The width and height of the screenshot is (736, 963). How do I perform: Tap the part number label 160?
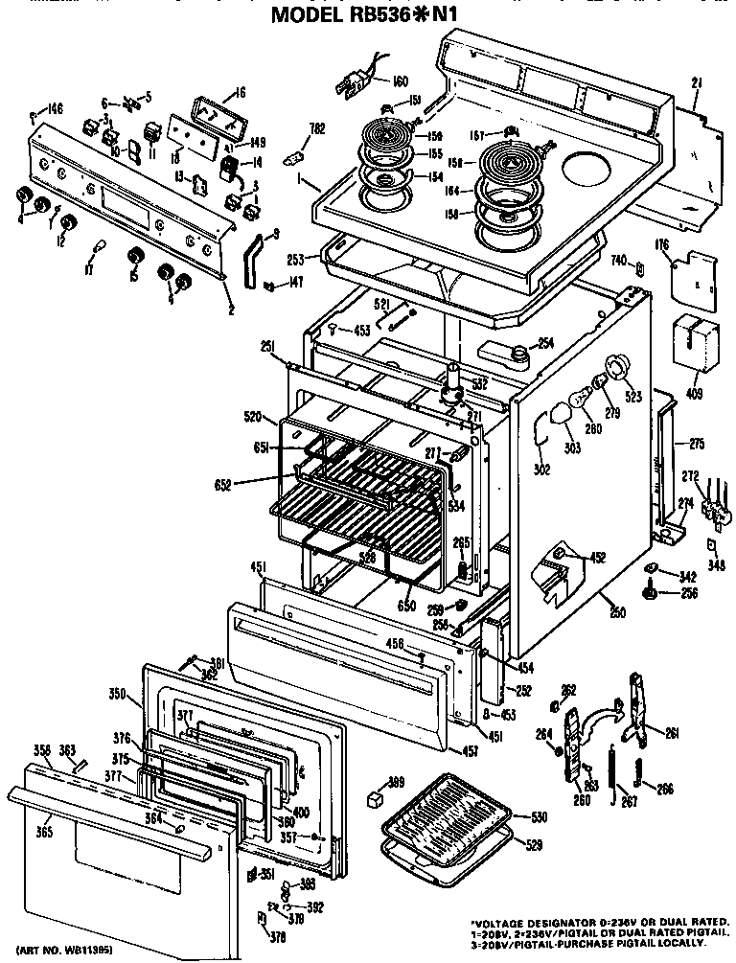373,80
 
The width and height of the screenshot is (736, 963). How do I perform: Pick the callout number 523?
633,393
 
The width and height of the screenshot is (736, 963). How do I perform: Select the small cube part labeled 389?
377,797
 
